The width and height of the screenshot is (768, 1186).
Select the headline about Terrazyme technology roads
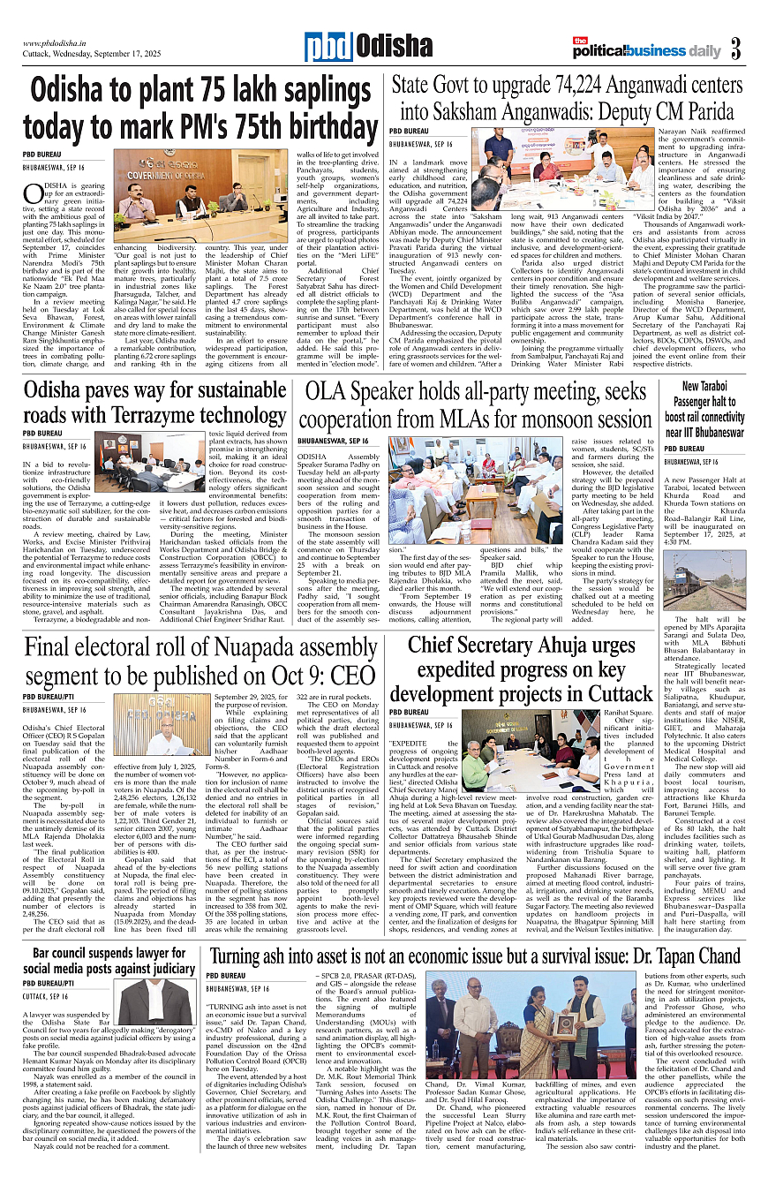[x=154, y=402]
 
